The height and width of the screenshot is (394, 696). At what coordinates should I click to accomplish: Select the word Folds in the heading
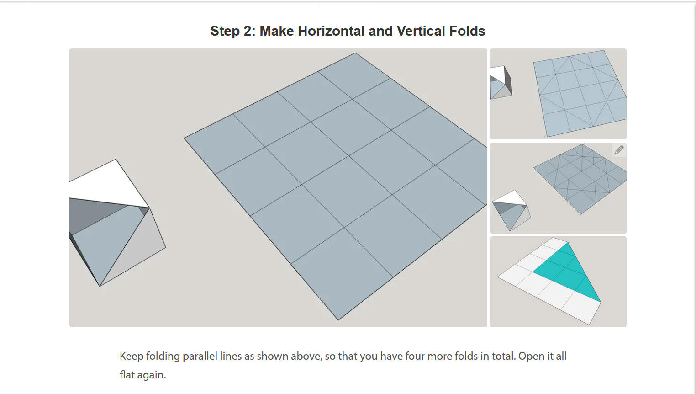click(467, 31)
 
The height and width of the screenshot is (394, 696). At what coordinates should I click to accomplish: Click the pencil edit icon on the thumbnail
click(619, 150)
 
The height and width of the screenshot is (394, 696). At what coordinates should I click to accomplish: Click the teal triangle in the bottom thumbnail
click(566, 270)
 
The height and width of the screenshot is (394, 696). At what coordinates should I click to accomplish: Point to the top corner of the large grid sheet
click(355, 53)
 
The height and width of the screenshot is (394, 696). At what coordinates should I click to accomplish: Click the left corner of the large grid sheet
click(185, 138)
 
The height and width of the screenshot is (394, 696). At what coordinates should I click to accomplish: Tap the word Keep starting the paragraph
click(131, 356)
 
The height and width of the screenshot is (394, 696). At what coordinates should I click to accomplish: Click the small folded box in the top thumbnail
click(501, 82)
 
